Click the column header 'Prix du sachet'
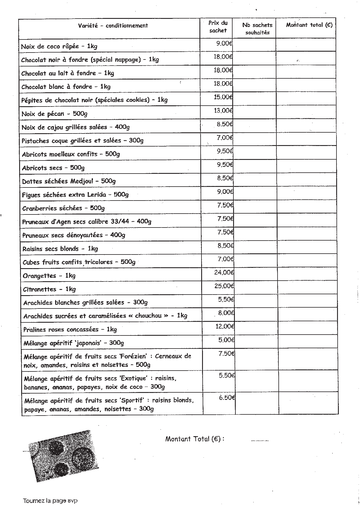point(218,26)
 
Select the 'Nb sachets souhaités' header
point(257,29)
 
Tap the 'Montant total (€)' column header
point(309,25)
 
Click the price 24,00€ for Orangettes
point(224,272)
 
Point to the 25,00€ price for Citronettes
point(224,286)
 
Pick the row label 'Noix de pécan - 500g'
point(54,114)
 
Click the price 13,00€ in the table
point(223,111)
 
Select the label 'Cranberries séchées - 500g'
point(63,208)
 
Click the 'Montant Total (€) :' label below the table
point(195,439)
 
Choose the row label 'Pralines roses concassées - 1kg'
point(70,329)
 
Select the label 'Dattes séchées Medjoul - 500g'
point(69,181)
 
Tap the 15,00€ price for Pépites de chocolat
point(223,97)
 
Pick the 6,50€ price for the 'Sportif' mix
point(227,398)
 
